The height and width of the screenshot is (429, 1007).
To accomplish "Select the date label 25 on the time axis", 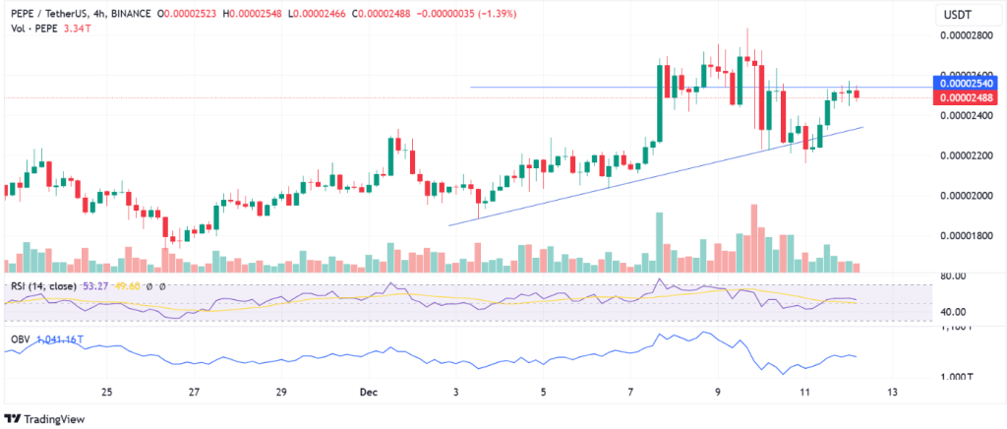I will (x=107, y=393).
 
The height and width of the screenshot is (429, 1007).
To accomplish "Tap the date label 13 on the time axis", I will (x=893, y=393).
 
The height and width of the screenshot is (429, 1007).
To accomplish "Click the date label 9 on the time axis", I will (x=717, y=393).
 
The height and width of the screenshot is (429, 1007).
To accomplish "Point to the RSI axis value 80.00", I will (x=951, y=276).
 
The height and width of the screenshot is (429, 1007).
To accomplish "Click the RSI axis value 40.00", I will (x=951, y=312).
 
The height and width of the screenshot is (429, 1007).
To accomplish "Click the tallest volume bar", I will (x=754, y=237).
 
